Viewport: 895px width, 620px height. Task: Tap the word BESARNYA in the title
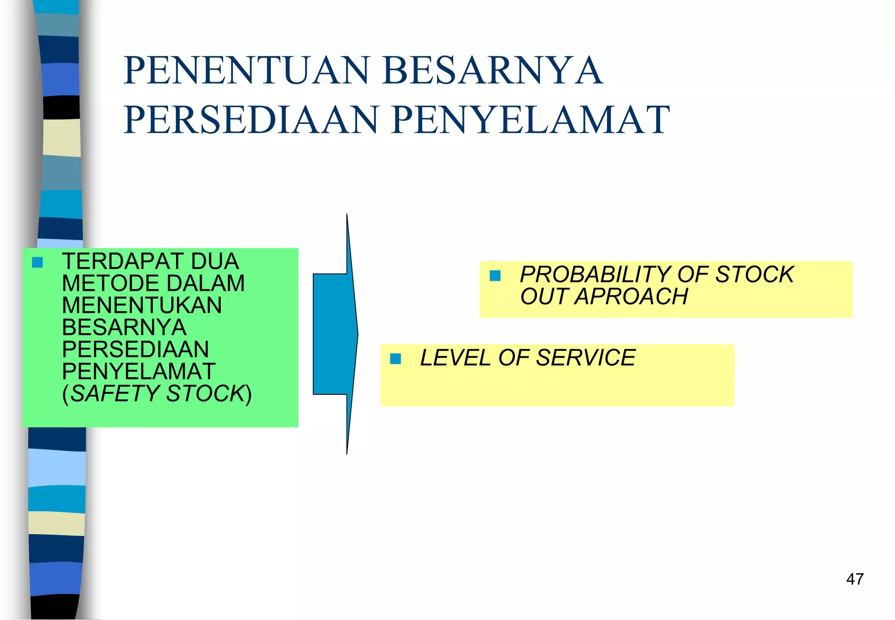(493, 70)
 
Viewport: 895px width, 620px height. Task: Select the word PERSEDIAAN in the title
(251, 120)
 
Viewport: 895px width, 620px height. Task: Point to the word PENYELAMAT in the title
(531, 120)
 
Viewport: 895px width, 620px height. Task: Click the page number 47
(855, 579)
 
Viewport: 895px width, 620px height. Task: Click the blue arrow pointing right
(336, 334)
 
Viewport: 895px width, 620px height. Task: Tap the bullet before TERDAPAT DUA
(38, 262)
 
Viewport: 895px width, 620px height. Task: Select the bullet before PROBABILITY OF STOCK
(495, 275)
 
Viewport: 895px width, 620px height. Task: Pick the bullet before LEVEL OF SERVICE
(395, 359)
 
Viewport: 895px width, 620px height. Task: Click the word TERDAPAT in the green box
(123, 261)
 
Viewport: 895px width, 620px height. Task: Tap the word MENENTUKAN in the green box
(142, 305)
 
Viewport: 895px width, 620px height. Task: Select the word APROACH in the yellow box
(631, 296)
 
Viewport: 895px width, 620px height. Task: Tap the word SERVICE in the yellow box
(586, 358)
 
